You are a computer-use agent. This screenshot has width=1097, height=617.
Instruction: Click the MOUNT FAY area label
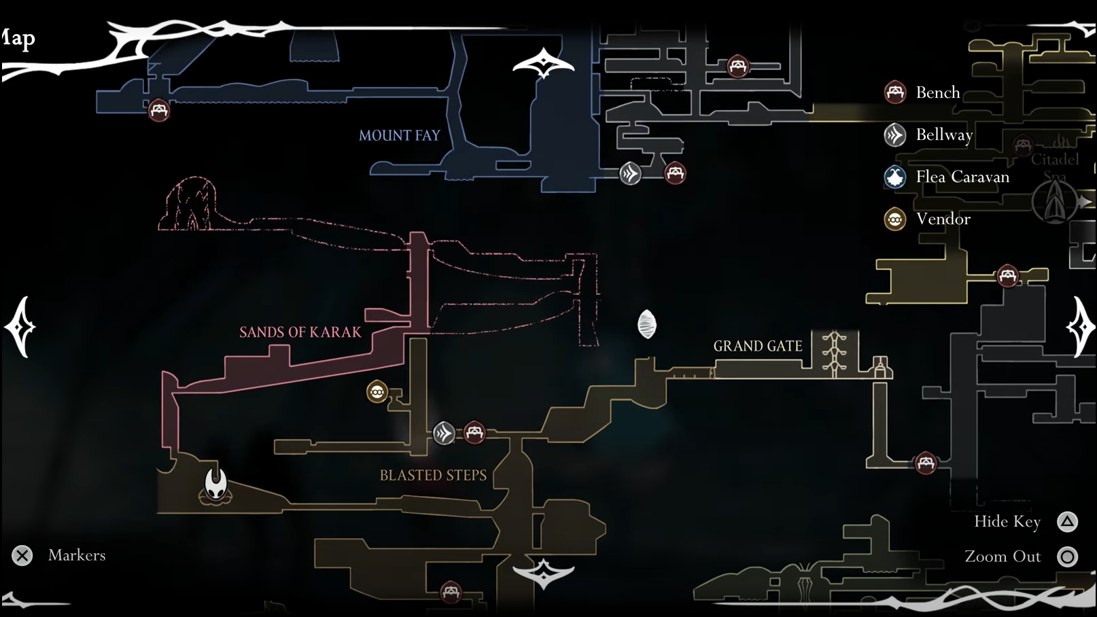coord(399,135)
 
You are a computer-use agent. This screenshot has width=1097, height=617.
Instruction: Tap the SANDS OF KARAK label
coord(300,332)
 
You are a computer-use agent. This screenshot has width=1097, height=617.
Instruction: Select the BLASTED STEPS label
coord(433,475)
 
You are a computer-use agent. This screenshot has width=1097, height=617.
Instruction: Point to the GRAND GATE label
coord(757,346)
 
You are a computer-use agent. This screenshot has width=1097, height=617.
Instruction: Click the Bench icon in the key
coord(894,92)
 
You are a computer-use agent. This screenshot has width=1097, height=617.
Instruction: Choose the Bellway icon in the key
coord(894,135)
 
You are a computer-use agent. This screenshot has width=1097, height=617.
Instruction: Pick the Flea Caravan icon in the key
coord(894,177)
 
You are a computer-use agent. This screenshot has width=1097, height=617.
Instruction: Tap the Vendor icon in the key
coord(894,219)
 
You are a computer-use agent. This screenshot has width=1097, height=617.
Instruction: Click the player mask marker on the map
coord(216,484)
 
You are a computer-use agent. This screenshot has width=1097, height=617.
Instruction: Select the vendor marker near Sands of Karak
coord(377,391)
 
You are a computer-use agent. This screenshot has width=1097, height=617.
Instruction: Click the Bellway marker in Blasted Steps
coord(444,433)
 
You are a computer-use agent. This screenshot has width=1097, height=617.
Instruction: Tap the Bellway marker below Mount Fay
coord(630,173)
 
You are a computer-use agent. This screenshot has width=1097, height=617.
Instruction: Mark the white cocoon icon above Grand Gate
coord(647,324)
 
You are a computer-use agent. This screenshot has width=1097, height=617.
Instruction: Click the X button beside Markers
coord(22,556)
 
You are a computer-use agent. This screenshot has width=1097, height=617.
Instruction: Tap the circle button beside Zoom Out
coord(1067,557)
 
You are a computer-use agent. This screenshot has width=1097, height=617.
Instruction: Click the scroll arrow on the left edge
coord(20,327)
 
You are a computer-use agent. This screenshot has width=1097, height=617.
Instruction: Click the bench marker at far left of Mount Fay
coord(159,110)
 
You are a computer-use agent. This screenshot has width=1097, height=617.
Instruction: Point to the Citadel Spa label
coord(1054,167)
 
